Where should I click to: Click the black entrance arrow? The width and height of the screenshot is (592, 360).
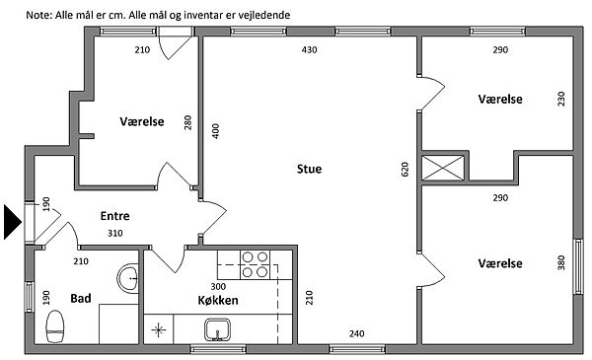pyautogui.click(x=12, y=222)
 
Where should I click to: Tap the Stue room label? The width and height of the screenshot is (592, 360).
pyautogui.click(x=309, y=169)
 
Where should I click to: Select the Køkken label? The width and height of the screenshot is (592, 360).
pyautogui.click(x=218, y=300)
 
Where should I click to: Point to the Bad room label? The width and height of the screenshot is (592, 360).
pyautogui.click(x=81, y=298)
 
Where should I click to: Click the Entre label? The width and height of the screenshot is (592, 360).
pyautogui.click(x=114, y=215)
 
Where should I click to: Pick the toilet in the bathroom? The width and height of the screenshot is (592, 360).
pyautogui.click(x=55, y=326)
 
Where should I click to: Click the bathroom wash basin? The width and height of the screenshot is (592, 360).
pyautogui.click(x=128, y=277)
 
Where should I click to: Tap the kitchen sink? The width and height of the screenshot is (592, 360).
pyautogui.click(x=217, y=329)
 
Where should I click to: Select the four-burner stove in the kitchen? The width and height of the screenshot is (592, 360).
pyautogui.click(x=255, y=264)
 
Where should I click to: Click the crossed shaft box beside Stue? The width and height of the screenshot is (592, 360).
pyautogui.click(x=442, y=168)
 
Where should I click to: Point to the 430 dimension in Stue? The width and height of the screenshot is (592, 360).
pyautogui.click(x=309, y=49)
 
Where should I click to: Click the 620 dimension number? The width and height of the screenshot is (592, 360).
pyautogui.click(x=405, y=170)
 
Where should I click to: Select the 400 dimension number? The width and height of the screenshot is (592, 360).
pyautogui.click(x=215, y=131)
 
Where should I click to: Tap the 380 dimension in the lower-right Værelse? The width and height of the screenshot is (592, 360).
pyautogui.click(x=561, y=262)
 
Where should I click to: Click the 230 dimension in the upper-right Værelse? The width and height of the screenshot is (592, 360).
pyautogui.click(x=561, y=99)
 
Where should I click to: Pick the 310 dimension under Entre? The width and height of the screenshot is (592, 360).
pyautogui.click(x=114, y=233)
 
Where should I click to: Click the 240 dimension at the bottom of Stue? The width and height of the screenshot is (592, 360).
pyautogui.click(x=357, y=333)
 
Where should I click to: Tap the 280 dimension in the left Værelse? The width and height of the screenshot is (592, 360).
pyautogui.click(x=187, y=122)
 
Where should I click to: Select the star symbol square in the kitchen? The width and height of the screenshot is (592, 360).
pyautogui.click(x=159, y=329)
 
